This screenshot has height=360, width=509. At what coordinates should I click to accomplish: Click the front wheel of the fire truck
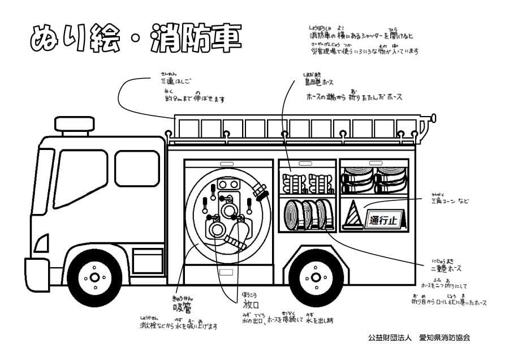94,277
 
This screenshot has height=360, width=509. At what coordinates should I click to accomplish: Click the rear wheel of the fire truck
316,277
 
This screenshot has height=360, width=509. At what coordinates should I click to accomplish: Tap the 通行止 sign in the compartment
385,219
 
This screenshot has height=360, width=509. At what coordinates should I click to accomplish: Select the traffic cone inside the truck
352,215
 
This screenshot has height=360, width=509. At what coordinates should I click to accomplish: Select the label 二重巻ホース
446,268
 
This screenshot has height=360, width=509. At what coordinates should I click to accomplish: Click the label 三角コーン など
450,201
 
